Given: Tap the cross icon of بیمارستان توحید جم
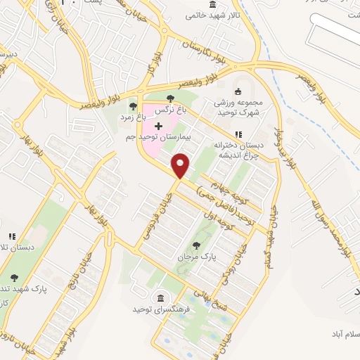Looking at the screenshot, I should (x=158, y=125).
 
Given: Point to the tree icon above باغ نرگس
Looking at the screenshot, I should (x=171, y=98).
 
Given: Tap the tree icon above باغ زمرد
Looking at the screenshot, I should (x=133, y=106).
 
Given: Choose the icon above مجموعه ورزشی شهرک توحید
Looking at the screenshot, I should (x=238, y=90).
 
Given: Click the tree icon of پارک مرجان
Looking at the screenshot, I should (x=195, y=245).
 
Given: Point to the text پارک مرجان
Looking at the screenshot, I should (x=195, y=257).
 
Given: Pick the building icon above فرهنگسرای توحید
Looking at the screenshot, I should (x=162, y=298).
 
